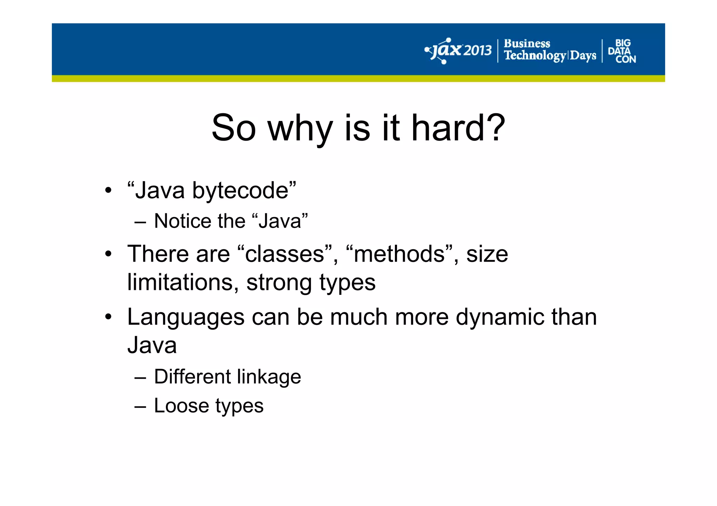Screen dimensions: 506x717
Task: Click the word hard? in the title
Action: tap(458, 128)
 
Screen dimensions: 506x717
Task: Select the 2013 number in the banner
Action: tap(478, 51)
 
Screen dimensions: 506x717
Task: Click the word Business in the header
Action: tap(527, 44)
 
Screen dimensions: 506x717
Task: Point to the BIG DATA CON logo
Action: tap(622, 51)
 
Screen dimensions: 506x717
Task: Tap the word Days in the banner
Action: tap(583, 56)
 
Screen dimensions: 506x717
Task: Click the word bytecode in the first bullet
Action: tap(240, 191)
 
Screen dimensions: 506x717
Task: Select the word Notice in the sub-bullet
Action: tap(182, 221)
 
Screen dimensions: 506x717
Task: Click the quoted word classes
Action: tap(284, 254)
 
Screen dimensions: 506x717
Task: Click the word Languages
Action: tap(186, 318)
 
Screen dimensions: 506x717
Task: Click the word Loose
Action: tap(181, 406)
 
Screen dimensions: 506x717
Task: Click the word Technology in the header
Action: tap(535, 56)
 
